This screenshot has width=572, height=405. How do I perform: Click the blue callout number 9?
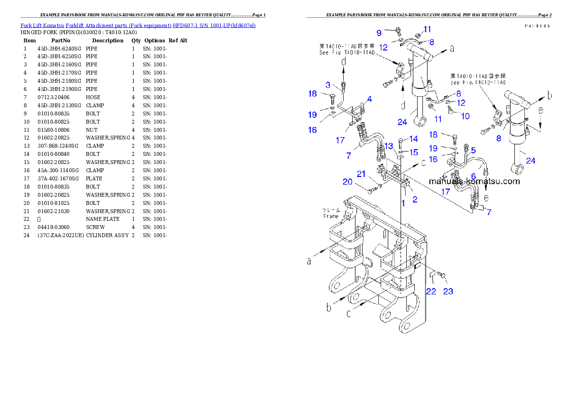(379, 33)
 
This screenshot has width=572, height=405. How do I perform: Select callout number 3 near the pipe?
(328, 85)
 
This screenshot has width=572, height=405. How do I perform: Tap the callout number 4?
(369, 100)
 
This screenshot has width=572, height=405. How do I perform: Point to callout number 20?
(361, 182)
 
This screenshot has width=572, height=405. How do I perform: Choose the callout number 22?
(432, 291)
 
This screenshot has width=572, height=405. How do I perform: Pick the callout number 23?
(448, 291)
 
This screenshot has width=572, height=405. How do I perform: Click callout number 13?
(389, 145)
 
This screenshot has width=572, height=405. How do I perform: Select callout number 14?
(413, 139)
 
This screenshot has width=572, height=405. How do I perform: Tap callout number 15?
(413, 152)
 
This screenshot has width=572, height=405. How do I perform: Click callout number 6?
(473, 177)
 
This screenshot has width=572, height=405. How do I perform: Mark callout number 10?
(465, 116)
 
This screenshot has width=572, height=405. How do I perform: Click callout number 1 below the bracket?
(403, 203)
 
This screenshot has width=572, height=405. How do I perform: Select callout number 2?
(414, 199)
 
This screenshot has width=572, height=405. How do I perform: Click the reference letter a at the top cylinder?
(452, 48)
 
